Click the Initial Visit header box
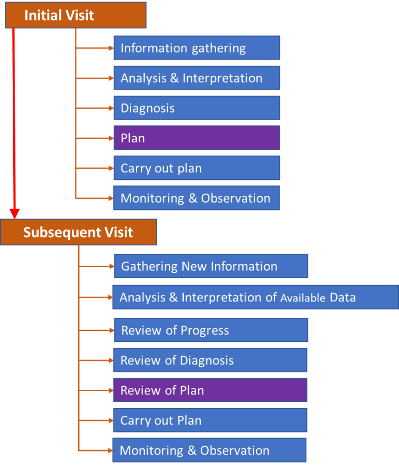pyautogui.click(x=75, y=15)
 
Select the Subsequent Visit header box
pyautogui.click(x=78, y=232)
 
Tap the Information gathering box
pyautogui.click(x=197, y=48)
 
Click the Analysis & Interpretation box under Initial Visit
pyautogui.click(x=197, y=78)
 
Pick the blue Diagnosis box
pyautogui.click(x=197, y=108)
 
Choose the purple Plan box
pyautogui.click(x=197, y=138)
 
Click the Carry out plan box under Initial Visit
pyautogui.click(x=197, y=168)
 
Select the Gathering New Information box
pyautogui.click(x=211, y=266)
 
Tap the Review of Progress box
pyautogui.click(x=211, y=330)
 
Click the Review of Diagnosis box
pyautogui.click(x=210, y=360)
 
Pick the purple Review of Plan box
pyautogui.click(x=210, y=390)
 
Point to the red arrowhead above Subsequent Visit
pyautogui.click(x=15, y=212)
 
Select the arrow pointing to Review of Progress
pyautogui.click(x=96, y=330)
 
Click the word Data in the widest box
pyautogui.click(x=343, y=298)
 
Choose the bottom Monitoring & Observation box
pyautogui.click(x=209, y=451)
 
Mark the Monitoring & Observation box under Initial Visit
pyautogui.click(x=197, y=198)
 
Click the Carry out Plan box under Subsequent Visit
pyautogui.click(x=210, y=420)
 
